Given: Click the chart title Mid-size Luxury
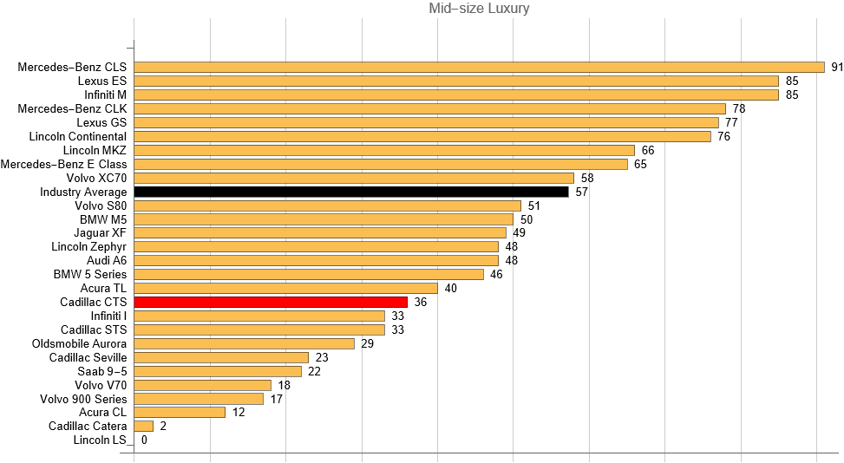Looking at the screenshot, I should click(x=479, y=9).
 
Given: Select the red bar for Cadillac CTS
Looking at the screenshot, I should click(x=271, y=302).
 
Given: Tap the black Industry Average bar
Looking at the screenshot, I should click(x=351, y=192).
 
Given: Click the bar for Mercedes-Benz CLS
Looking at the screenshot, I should click(x=479, y=67).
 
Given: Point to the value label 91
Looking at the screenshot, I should click(x=837, y=67).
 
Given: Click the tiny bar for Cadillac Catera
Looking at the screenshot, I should click(x=144, y=426).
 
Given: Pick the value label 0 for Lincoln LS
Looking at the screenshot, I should click(x=144, y=440).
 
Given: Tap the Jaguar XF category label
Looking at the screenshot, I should click(x=100, y=232).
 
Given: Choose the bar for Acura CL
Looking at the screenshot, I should click(x=180, y=412).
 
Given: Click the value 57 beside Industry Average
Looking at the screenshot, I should click(x=582, y=192).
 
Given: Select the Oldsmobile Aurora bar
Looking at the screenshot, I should click(x=245, y=343).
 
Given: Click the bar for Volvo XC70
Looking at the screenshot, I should click(x=354, y=178).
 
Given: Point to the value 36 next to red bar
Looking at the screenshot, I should click(x=421, y=302).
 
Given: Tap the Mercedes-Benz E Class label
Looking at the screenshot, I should click(x=63, y=164).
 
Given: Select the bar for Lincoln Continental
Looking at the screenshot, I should click(x=422, y=136).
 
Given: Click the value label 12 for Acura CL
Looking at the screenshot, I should click(x=239, y=412).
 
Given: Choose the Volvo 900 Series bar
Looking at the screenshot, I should click(x=199, y=399).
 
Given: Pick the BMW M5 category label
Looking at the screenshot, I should click(x=103, y=219).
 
